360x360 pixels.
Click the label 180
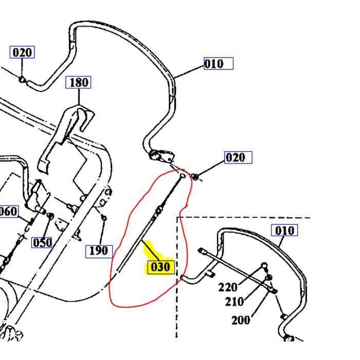click(79, 82)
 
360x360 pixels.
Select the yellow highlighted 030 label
click(160, 267)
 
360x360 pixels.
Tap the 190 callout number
click(98, 250)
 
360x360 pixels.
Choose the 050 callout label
click(42, 242)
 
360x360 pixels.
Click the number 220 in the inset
click(227, 287)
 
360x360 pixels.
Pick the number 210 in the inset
click(234, 301)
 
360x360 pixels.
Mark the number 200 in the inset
click(241, 320)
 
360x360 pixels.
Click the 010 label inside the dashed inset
click(284, 230)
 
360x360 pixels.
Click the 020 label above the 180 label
click(22, 52)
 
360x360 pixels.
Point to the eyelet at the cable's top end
click(183, 175)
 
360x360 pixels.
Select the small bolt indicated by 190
click(104, 218)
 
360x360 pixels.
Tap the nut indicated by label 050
click(50, 215)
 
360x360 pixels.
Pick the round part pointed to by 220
click(264, 265)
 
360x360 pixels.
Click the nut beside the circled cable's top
click(195, 177)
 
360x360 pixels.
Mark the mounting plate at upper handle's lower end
click(161, 155)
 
